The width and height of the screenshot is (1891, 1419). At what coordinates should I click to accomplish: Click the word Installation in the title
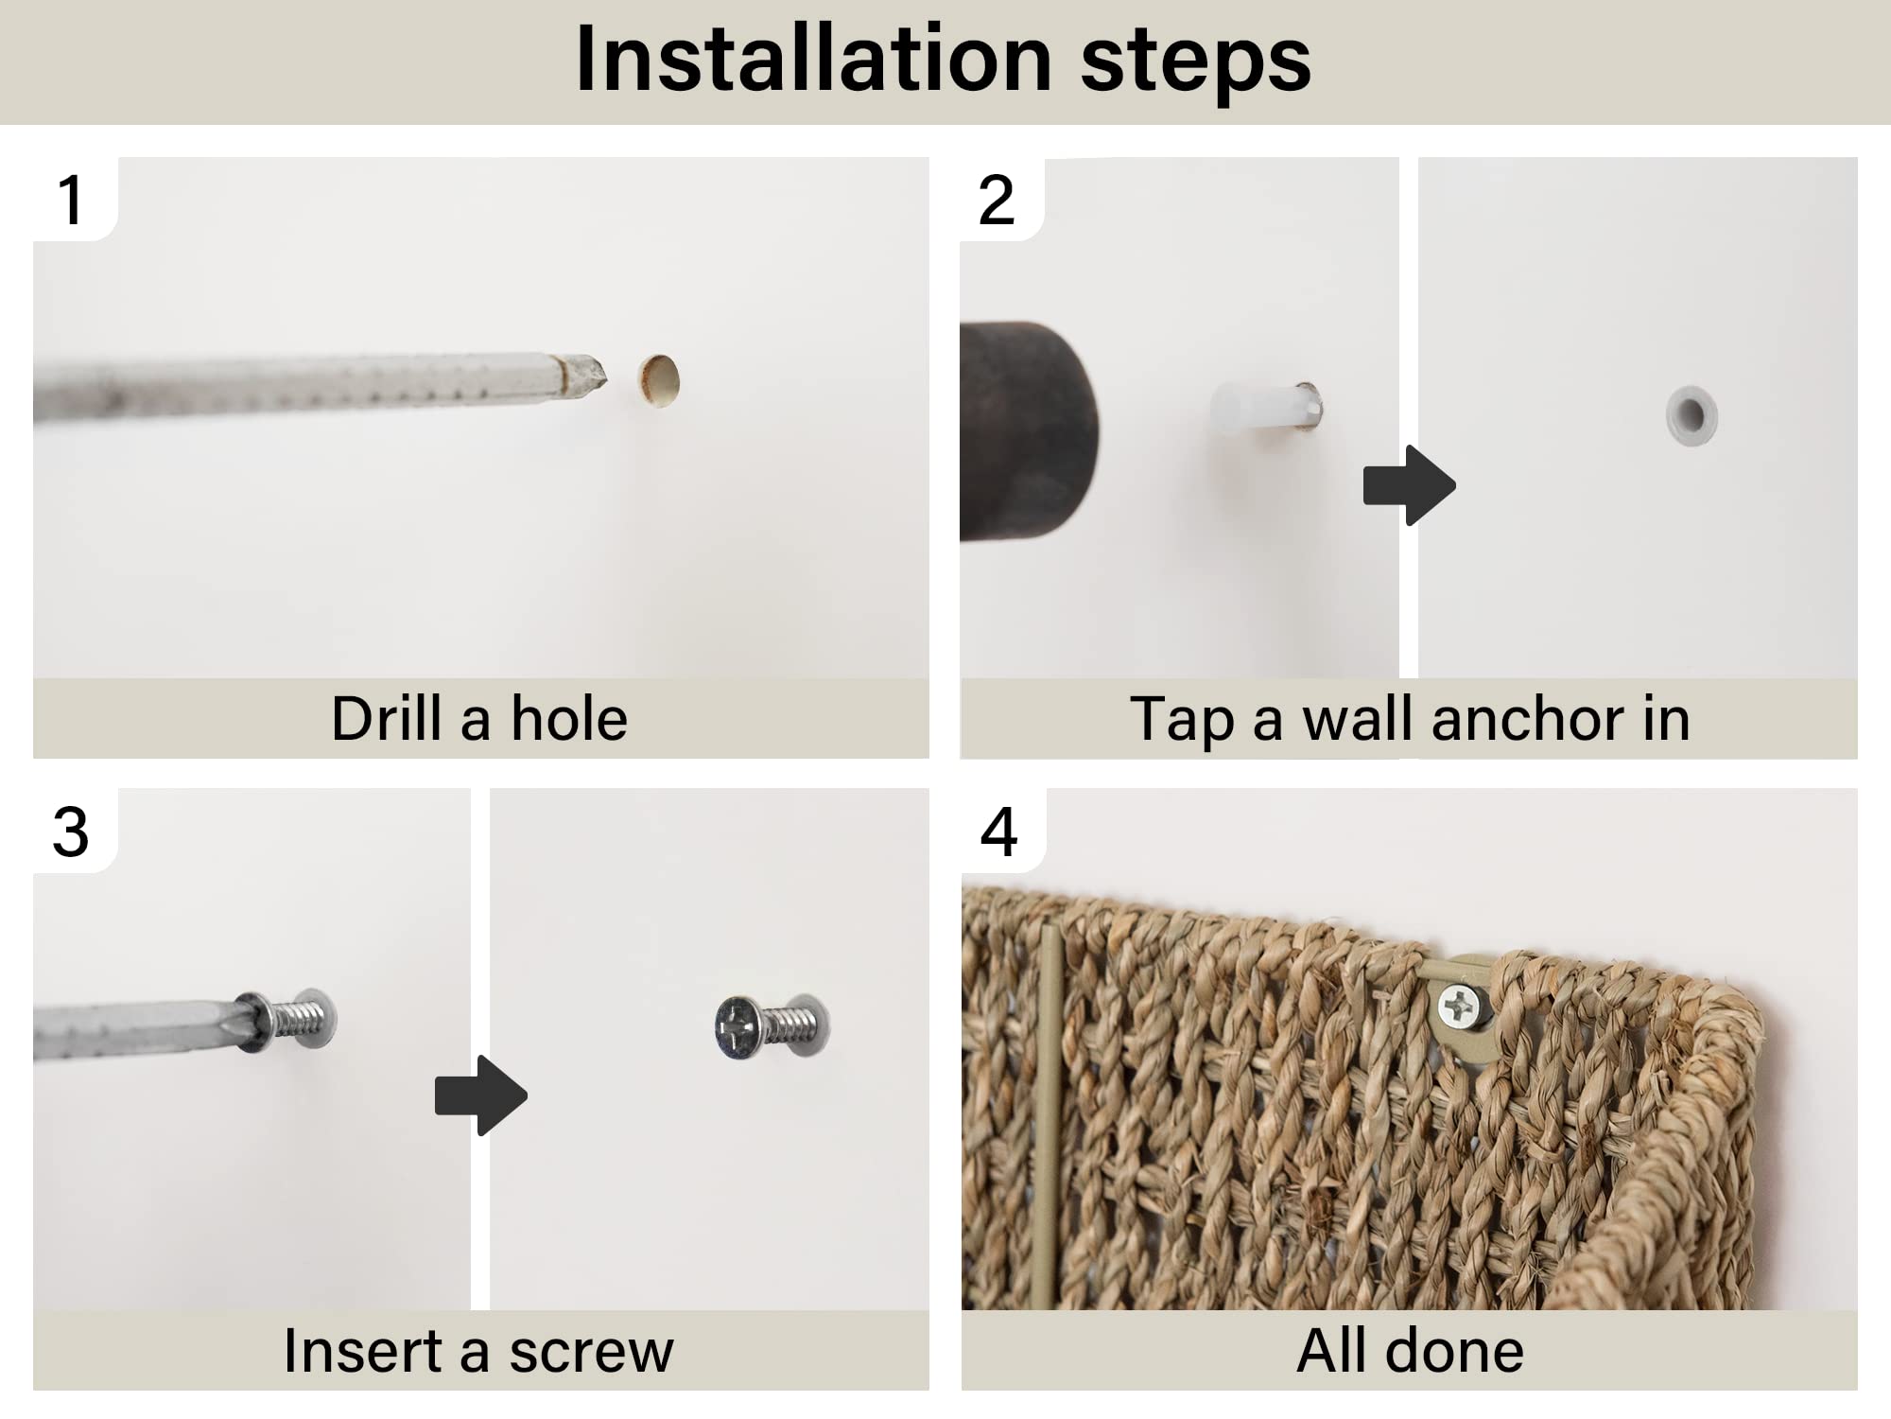pyautogui.click(x=813, y=59)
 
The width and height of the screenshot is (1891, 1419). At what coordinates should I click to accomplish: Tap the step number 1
pyautogui.click(x=70, y=200)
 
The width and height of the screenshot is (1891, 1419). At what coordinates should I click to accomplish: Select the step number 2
pyautogui.click(x=997, y=200)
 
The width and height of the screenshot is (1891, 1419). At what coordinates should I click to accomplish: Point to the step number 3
pyautogui.click(x=71, y=832)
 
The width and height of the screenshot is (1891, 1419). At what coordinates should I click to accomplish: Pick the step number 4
pyautogui.click(x=999, y=832)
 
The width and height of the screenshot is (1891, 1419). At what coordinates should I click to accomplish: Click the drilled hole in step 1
pyautogui.click(x=659, y=381)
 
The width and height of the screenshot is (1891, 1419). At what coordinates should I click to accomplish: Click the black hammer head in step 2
pyautogui.click(x=1029, y=431)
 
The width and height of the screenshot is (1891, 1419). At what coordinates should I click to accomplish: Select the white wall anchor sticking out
pyautogui.click(x=1265, y=408)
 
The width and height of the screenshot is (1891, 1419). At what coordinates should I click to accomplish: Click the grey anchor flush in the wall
pyautogui.click(x=1691, y=415)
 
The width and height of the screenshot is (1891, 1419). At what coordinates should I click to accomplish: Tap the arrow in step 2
pyautogui.click(x=1409, y=485)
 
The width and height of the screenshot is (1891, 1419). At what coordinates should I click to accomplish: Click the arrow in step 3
pyautogui.click(x=480, y=1095)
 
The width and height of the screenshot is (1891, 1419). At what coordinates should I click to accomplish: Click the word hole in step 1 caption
pyautogui.click(x=569, y=719)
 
